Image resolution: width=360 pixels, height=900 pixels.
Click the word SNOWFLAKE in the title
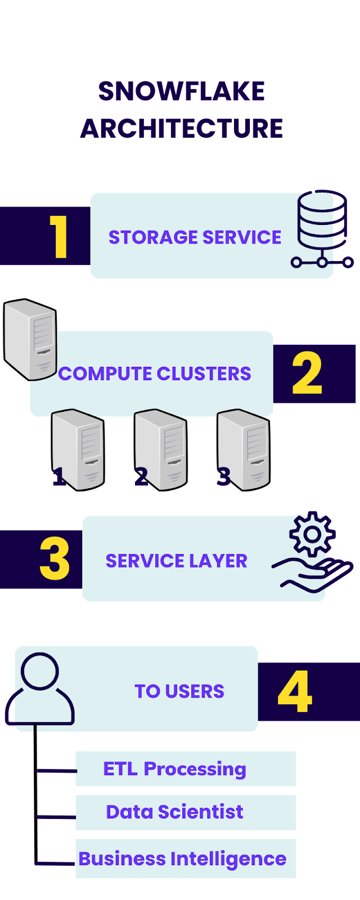point(181,91)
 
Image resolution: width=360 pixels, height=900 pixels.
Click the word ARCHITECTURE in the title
point(181,128)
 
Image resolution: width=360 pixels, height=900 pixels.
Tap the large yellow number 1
point(58,237)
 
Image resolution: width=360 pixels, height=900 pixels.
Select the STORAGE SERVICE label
point(195,237)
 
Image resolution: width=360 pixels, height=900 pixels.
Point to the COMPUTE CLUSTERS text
point(155,373)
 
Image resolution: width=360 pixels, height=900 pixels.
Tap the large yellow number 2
point(307,373)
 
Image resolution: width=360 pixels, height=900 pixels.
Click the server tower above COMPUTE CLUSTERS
point(30,339)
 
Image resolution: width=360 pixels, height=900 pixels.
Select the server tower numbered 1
point(78,449)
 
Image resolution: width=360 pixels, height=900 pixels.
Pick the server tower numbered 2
point(161,449)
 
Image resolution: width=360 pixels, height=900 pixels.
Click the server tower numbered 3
point(244,449)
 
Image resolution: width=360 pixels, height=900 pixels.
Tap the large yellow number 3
point(55,560)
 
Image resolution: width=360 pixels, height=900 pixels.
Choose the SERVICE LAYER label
point(177,561)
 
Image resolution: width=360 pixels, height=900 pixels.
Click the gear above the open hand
point(312,534)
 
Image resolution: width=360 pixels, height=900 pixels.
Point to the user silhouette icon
point(39,689)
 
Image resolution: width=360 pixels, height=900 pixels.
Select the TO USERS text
point(179,691)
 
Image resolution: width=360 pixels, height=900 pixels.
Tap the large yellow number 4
point(295,691)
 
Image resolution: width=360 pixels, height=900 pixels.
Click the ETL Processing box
point(186,768)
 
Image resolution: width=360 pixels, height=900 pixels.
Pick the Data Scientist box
point(186,812)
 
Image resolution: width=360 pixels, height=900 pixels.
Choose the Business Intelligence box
point(186,859)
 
